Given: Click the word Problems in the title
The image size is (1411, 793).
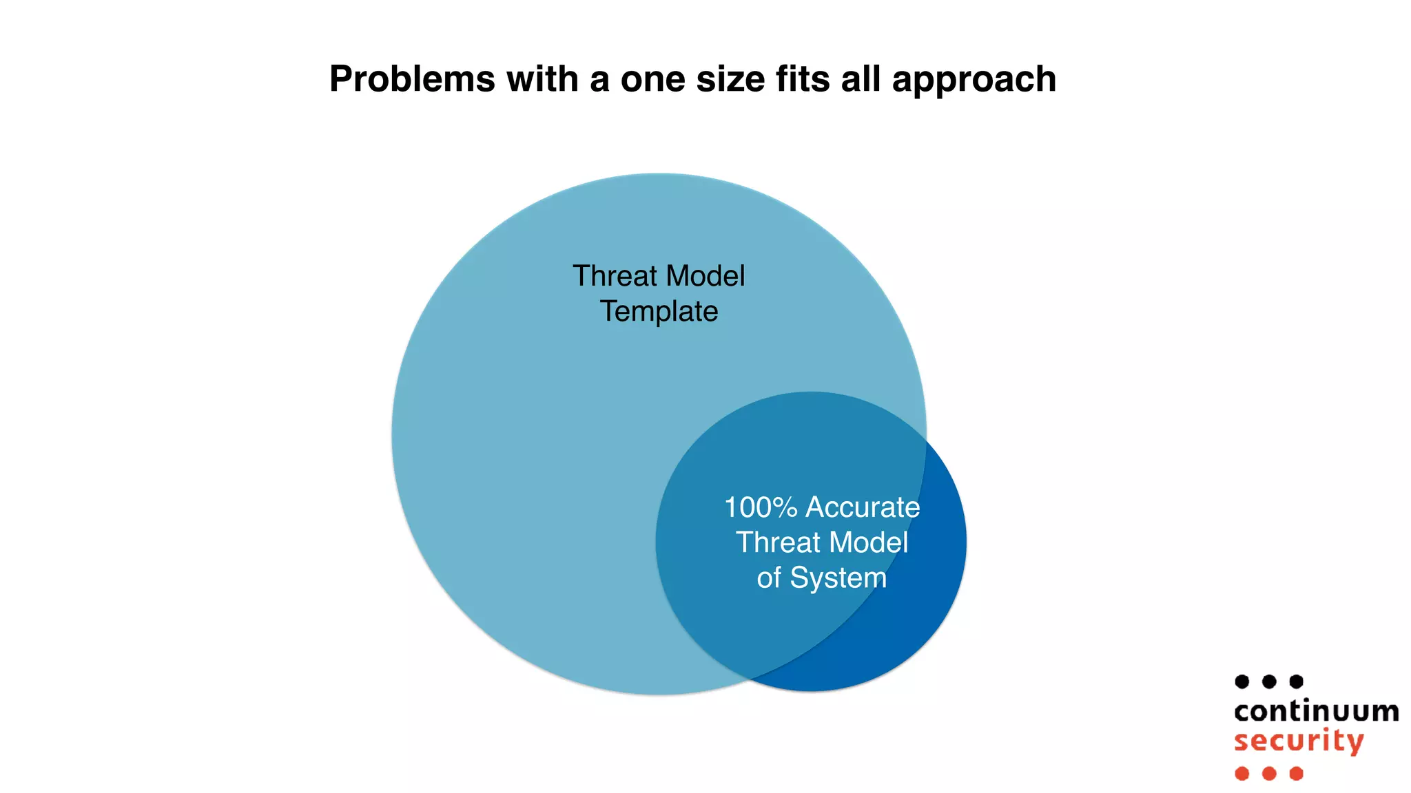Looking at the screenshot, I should (x=412, y=79).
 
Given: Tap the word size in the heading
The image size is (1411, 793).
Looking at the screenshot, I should (x=730, y=79).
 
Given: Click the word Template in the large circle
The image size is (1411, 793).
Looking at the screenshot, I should (x=659, y=312).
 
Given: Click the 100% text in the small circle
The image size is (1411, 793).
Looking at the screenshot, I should (x=761, y=508).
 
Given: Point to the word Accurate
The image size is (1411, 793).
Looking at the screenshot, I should (x=863, y=508).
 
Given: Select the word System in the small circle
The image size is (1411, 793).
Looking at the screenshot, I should (x=838, y=578).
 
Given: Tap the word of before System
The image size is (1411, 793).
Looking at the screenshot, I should (x=768, y=578).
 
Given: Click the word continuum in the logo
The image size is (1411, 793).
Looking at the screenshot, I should (x=1316, y=712).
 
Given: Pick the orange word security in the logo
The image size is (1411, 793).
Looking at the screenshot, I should (x=1299, y=742).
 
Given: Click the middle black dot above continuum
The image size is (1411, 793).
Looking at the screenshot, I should (x=1269, y=681).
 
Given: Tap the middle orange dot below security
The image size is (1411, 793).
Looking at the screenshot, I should (x=1269, y=774).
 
